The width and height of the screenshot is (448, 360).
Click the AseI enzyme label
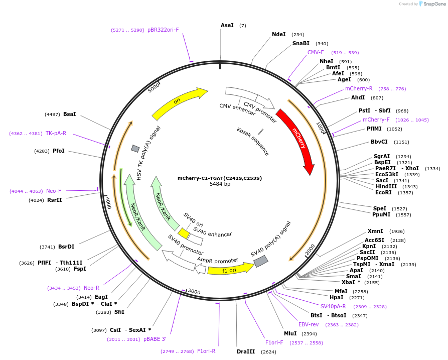[x=227, y=25]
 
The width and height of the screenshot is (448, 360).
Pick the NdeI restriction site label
[x=278, y=35]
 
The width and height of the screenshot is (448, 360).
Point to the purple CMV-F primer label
[x=316, y=52]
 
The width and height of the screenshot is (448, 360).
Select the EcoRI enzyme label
[x=383, y=192]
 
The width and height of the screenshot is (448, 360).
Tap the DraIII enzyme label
[x=246, y=351]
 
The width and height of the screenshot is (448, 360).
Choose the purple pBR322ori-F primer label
[x=163, y=30]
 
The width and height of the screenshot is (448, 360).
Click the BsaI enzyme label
[x=70, y=114]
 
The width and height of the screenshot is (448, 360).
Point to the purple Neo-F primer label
[x=54, y=191]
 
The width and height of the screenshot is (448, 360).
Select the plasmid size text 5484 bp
[x=220, y=184]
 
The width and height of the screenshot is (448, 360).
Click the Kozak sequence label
[x=253, y=141]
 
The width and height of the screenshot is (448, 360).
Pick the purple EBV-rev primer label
[x=309, y=324]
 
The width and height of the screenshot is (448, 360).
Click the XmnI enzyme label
[x=375, y=231]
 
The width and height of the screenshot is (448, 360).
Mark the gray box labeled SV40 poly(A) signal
[x=261, y=261]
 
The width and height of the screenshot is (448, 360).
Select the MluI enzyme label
[x=290, y=333]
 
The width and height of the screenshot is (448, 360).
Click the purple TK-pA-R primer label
[x=56, y=133]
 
